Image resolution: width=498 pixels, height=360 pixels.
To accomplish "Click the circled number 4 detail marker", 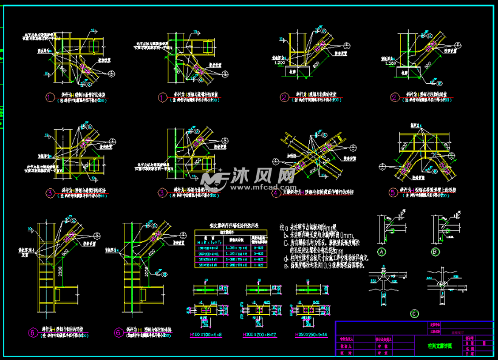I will point(276,194).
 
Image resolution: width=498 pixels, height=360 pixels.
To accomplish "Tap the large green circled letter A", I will point(383,251).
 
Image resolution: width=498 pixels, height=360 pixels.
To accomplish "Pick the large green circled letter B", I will point(435,251).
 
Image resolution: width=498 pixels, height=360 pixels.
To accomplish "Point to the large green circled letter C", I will point(414,313).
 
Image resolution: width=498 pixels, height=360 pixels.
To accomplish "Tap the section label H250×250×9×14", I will point(310,334).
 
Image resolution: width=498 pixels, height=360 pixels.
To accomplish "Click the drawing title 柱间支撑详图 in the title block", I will point(432,345).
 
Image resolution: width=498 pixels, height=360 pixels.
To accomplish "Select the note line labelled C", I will point(322,242).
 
